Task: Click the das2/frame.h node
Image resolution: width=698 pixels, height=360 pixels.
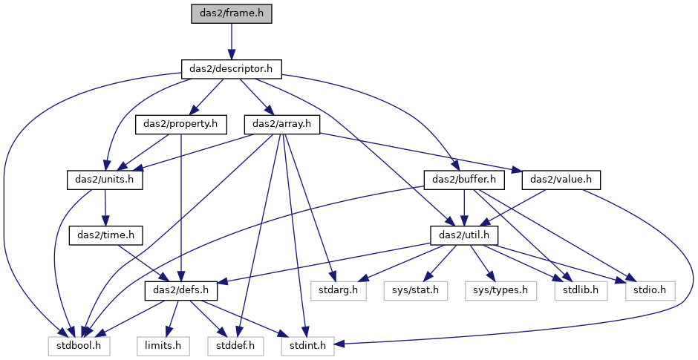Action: click(x=231, y=14)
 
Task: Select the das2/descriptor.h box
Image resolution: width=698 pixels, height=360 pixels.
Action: click(x=231, y=69)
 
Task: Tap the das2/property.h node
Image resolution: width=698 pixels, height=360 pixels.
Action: click(x=180, y=124)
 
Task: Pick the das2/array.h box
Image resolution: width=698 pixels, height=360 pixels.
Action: click(x=281, y=124)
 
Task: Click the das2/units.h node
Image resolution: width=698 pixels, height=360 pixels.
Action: click(x=105, y=180)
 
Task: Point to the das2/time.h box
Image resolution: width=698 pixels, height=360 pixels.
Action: click(x=106, y=235)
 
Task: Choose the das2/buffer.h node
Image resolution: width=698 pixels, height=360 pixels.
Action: click(x=464, y=180)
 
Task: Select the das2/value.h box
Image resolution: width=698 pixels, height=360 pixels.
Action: click(x=561, y=180)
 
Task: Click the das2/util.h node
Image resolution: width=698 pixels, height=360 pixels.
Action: click(x=464, y=235)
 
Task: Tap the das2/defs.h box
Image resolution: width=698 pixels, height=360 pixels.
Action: click(x=181, y=290)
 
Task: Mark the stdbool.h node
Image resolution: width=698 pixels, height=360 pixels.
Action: click(x=79, y=346)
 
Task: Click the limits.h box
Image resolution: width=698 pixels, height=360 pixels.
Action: click(x=163, y=346)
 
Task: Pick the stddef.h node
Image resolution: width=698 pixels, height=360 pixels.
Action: click(x=235, y=346)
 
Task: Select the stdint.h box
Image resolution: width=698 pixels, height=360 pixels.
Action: click(x=307, y=346)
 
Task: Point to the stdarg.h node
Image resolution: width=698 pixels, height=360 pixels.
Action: click(x=339, y=290)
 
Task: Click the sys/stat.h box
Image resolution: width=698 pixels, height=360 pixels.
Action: click(x=416, y=290)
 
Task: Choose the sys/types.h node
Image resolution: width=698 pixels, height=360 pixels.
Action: click(x=500, y=290)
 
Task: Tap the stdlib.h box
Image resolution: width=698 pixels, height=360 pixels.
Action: click(x=581, y=290)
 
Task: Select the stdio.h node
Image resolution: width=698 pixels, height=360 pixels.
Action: click(x=650, y=290)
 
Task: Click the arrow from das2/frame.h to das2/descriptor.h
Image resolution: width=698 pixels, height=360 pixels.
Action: click(x=231, y=42)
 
